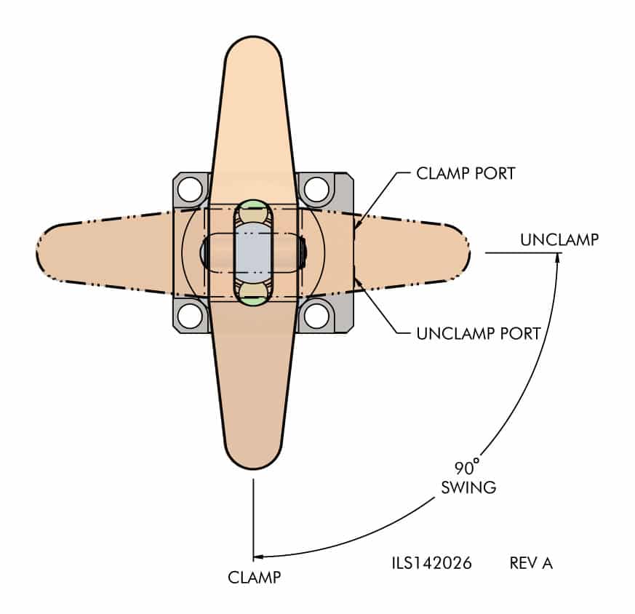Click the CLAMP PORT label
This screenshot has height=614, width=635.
(x=465, y=174)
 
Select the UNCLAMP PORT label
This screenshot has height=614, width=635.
(x=479, y=334)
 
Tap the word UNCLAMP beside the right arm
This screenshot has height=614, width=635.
(x=559, y=239)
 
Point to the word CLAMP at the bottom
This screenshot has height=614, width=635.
(x=254, y=578)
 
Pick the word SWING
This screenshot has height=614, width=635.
(x=468, y=487)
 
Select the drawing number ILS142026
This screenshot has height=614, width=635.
(x=432, y=563)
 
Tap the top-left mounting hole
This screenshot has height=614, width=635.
(x=191, y=190)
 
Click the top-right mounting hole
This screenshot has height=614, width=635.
(x=316, y=190)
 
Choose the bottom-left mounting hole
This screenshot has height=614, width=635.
(x=191, y=316)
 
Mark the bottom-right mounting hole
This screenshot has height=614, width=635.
(x=316, y=316)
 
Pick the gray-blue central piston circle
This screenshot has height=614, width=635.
(x=253, y=252)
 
